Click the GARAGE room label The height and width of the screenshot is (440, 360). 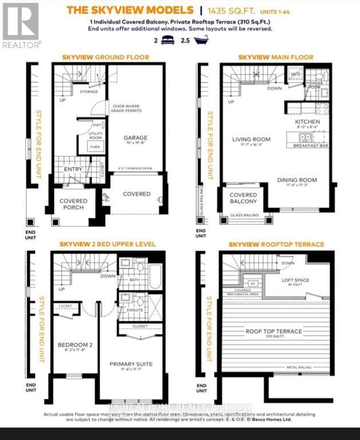[x=136, y=137]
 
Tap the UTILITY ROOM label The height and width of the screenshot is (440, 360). [x=96, y=136]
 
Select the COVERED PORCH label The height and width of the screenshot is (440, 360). [x=74, y=204]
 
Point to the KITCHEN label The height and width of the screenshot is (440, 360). [x=307, y=122]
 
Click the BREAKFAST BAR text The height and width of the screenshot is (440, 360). [x=310, y=146]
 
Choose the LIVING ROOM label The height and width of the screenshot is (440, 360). [x=251, y=139]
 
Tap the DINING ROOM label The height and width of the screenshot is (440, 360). [x=297, y=180]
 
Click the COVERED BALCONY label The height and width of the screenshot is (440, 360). [x=244, y=198]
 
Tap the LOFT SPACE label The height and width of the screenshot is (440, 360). [x=295, y=280]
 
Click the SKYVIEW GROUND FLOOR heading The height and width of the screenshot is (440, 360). [x=105, y=57]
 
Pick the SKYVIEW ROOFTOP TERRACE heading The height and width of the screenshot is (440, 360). [x=276, y=244]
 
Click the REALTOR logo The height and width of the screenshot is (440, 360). [x=21, y=26]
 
